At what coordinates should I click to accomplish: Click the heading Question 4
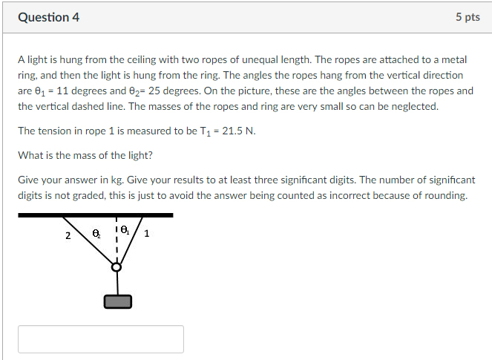coord(49,17)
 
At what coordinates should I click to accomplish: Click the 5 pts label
coord(468,17)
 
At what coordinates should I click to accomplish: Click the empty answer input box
coord(101,339)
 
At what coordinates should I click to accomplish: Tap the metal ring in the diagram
coord(117,267)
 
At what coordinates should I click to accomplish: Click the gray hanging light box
coord(118,301)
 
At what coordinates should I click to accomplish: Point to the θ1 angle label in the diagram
coord(125,230)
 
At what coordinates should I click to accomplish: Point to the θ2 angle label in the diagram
coord(96,234)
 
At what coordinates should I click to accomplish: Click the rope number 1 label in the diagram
coord(146,234)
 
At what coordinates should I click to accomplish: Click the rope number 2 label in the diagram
coord(68,236)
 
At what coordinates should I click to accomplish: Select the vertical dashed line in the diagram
coord(117,240)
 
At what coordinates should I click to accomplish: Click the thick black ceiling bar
coord(96,215)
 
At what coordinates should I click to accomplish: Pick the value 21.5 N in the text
coord(238,131)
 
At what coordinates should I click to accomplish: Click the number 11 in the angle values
coord(62,91)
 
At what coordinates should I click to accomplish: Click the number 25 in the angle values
coord(154,91)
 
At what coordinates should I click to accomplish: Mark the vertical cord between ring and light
coord(117,284)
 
